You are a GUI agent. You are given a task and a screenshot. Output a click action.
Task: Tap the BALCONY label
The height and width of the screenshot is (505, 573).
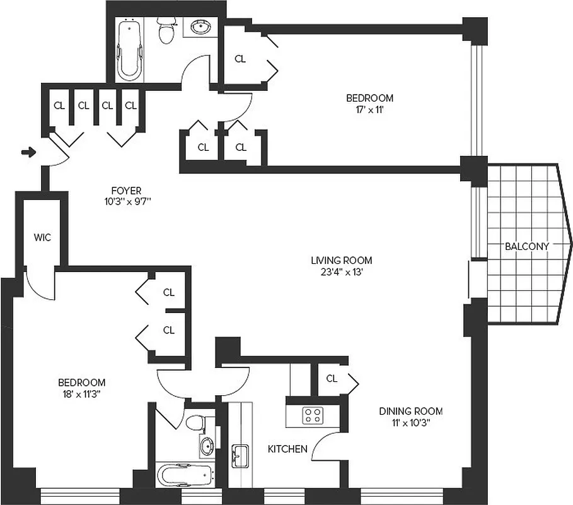[x=527, y=247]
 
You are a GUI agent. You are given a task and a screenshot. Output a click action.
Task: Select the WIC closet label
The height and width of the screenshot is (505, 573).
[x=42, y=238]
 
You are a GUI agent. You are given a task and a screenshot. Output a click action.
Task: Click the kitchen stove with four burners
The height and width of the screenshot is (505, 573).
[x=313, y=414]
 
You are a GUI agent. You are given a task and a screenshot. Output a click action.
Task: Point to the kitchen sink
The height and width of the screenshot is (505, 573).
[x=240, y=454]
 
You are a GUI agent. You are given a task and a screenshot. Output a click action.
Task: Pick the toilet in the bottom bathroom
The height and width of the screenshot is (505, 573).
[x=195, y=421]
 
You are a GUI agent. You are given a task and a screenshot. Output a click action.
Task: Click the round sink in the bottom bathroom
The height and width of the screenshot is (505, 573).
[x=206, y=446]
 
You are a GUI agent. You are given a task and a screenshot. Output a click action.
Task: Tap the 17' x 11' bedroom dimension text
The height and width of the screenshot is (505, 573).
[x=369, y=110]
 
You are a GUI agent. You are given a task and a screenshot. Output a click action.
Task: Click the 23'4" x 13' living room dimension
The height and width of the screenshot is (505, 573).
[x=341, y=273]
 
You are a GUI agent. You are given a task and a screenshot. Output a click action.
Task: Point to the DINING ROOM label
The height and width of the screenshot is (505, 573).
[x=410, y=411]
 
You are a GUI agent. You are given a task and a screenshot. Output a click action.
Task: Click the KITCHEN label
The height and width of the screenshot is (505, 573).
[x=287, y=449]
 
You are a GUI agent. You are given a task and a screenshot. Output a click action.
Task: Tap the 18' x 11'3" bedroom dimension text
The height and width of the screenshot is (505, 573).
[x=81, y=394]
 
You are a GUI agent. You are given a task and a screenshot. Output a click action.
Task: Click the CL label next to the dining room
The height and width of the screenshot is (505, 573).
[x=332, y=379]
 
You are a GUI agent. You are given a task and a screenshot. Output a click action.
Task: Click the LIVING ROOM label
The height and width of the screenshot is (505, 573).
[x=341, y=260]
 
